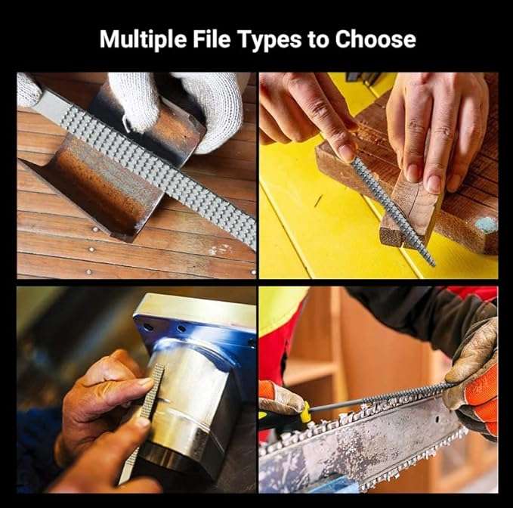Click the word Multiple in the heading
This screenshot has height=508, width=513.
pos(144,40)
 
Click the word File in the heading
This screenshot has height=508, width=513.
pos(212,39)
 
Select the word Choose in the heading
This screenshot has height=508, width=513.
pos(375,39)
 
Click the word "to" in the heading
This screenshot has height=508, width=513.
pos(318,39)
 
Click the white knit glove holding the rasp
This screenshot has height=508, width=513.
pos(183,105)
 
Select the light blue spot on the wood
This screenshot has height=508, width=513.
pos(486,225)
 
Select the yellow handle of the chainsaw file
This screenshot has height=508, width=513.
pos(305,412)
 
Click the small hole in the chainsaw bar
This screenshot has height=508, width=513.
pos(437,419)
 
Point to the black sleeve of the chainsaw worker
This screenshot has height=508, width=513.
pos(419,314)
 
